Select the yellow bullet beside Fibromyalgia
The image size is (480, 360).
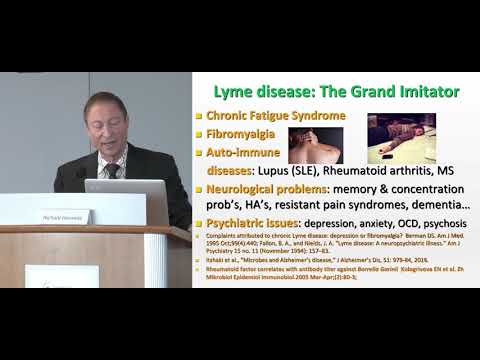(199, 134)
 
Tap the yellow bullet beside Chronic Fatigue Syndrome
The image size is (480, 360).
(199, 116)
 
